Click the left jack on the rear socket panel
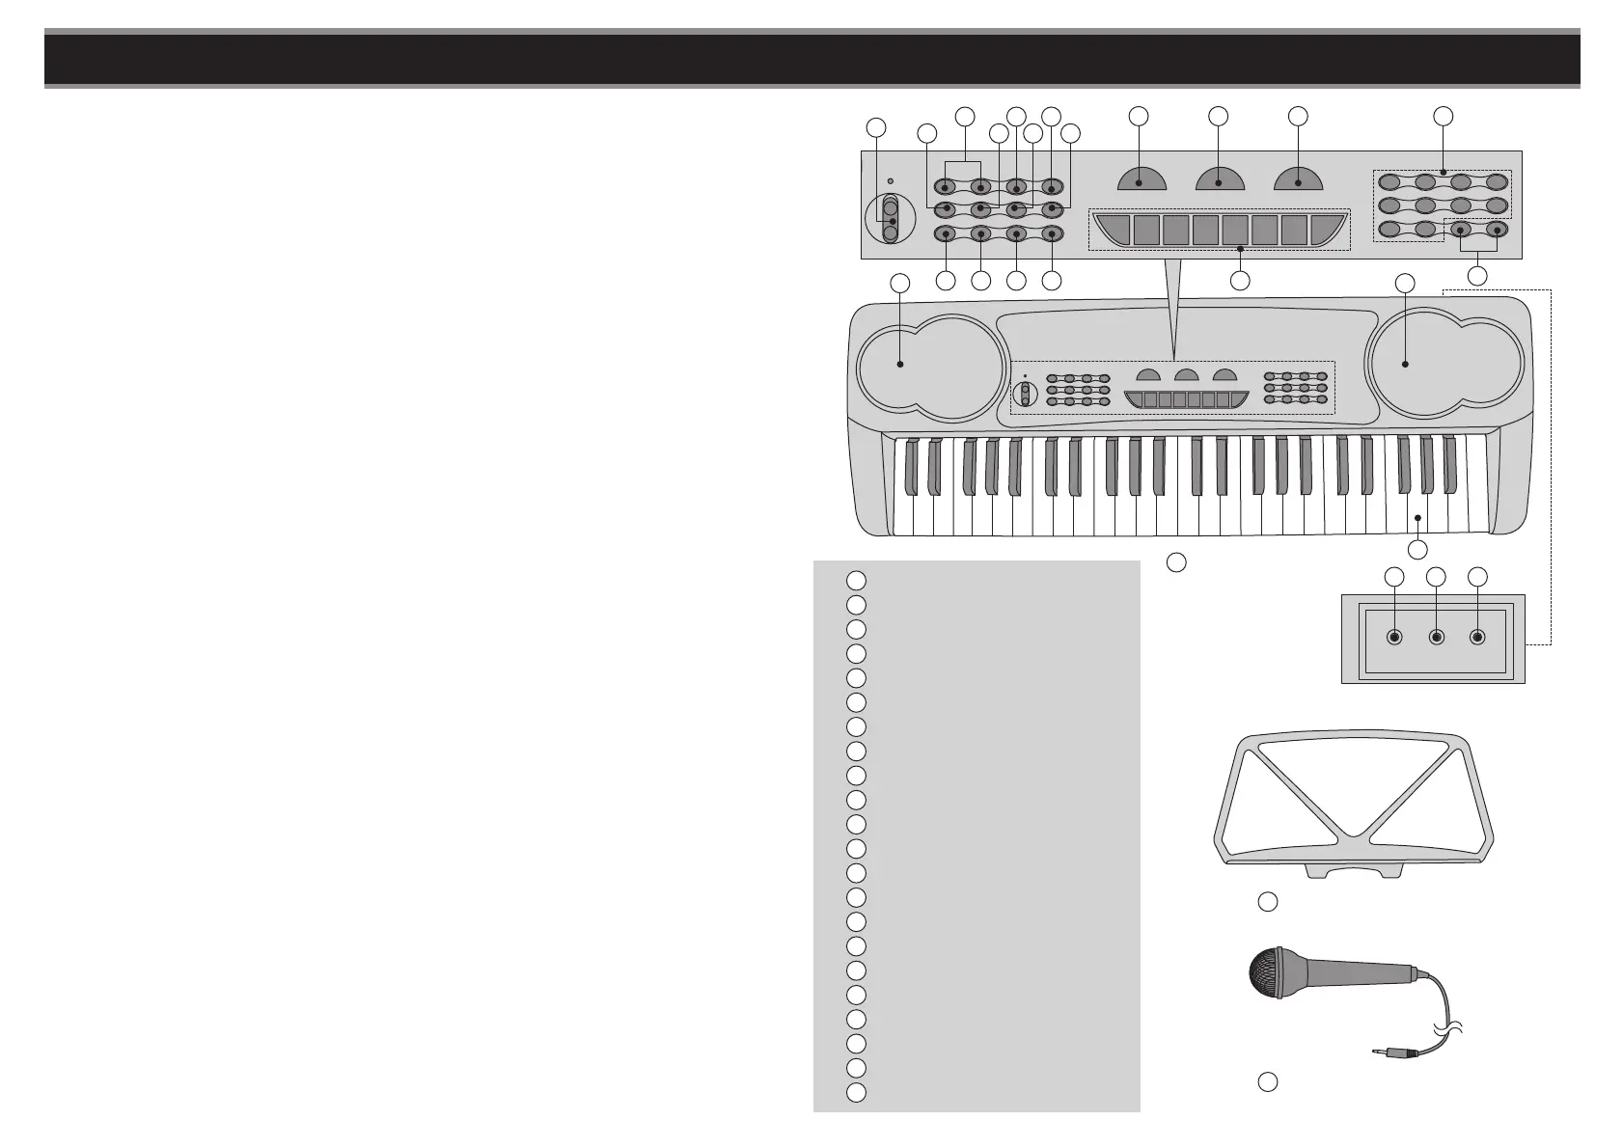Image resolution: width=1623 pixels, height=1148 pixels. [x=1393, y=638]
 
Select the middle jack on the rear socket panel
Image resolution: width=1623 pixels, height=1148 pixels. [x=1436, y=638]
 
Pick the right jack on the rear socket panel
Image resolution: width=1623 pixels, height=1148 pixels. [x=1477, y=638]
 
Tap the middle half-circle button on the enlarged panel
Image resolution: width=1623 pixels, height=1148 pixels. [x=1219, y=178]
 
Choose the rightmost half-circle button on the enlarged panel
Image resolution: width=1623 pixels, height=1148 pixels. [x=1299, y=178]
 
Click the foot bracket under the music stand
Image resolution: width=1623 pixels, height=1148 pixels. [x=1351, y=872]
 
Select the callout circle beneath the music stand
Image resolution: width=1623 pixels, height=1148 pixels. [x=1268, y=901]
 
